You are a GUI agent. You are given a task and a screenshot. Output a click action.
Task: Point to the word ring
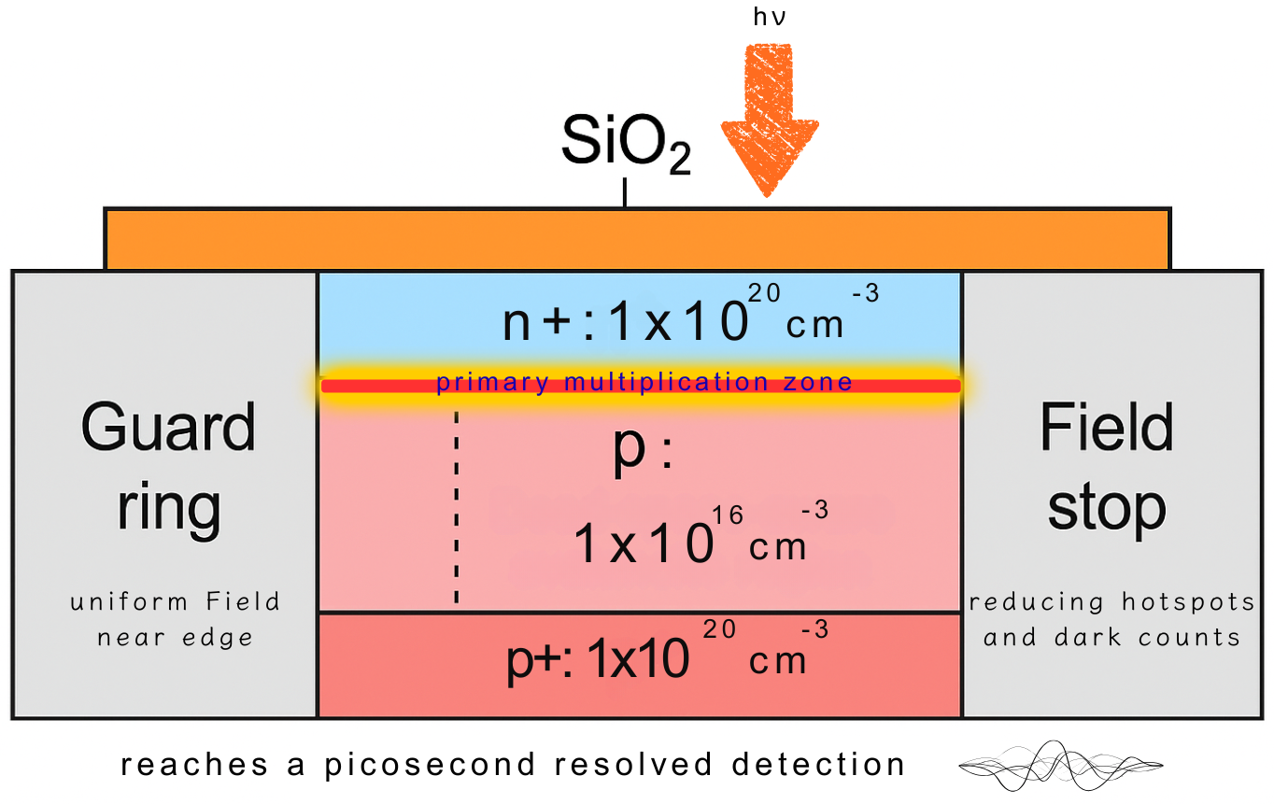168,507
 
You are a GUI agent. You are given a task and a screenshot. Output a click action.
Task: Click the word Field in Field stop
1106,430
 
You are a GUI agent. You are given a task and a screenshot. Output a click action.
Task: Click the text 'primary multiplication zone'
644,382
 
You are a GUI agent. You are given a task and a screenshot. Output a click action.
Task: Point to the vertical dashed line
456,509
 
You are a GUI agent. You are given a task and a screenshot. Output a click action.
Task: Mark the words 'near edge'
175,638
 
